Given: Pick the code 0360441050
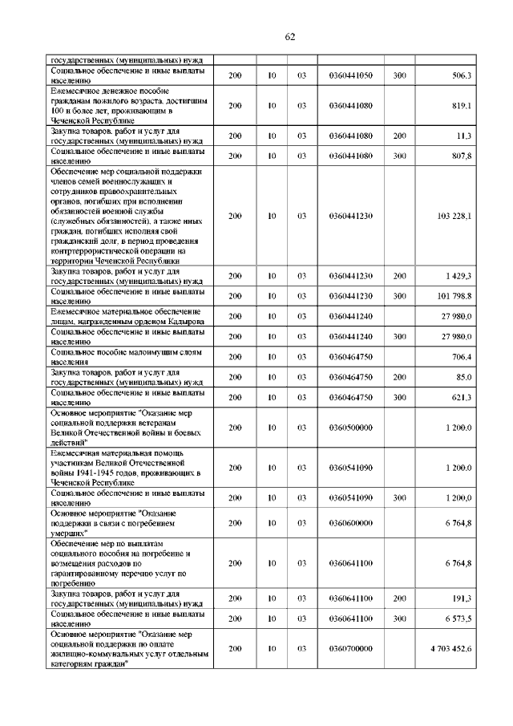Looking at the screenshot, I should pos(350,75).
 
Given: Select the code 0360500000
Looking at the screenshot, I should pos(350,428).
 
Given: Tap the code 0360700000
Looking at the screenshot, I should pos(350,648).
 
